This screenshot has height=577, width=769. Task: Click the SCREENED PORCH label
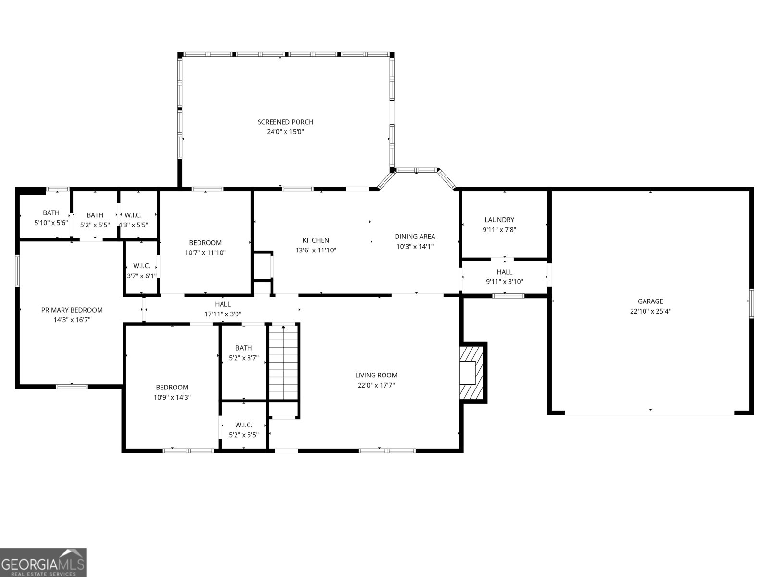click(x=285, y=122)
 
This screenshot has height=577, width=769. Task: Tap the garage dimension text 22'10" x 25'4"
click(x=650, y=311)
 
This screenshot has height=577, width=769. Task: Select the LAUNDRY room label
click(x=499, y=220)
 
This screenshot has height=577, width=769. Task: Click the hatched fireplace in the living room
click(x=472, y=373)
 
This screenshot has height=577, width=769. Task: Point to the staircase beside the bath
click(x=284, y=363)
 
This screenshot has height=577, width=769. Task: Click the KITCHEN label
click(x=316, y=240)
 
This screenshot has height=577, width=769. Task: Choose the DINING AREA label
click(x=415, y=236)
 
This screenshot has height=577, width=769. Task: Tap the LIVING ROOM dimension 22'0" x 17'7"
click(x=376, y=385)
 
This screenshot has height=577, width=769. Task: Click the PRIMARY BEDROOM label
click(x=72, y=310)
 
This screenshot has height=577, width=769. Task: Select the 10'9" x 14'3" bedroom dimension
click(x=172, y=397)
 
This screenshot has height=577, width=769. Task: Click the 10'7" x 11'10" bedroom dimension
click(x=205, y=252)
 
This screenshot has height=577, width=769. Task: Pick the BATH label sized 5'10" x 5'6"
click(x=51, y=213)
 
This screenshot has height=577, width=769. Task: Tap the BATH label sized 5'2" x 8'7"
click(x=244, y=348)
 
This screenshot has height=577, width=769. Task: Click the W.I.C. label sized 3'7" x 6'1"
click(x=142, y=266)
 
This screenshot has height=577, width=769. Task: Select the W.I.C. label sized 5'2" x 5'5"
click(x=244, y=425)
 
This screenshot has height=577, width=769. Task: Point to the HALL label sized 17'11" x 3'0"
click(x=223, y=304)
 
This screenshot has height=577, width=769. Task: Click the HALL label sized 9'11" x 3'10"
click(x=505, y=272)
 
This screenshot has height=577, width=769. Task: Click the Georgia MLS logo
click(x=43, y=562)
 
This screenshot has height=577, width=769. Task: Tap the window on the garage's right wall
click(x=751, y=303)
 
